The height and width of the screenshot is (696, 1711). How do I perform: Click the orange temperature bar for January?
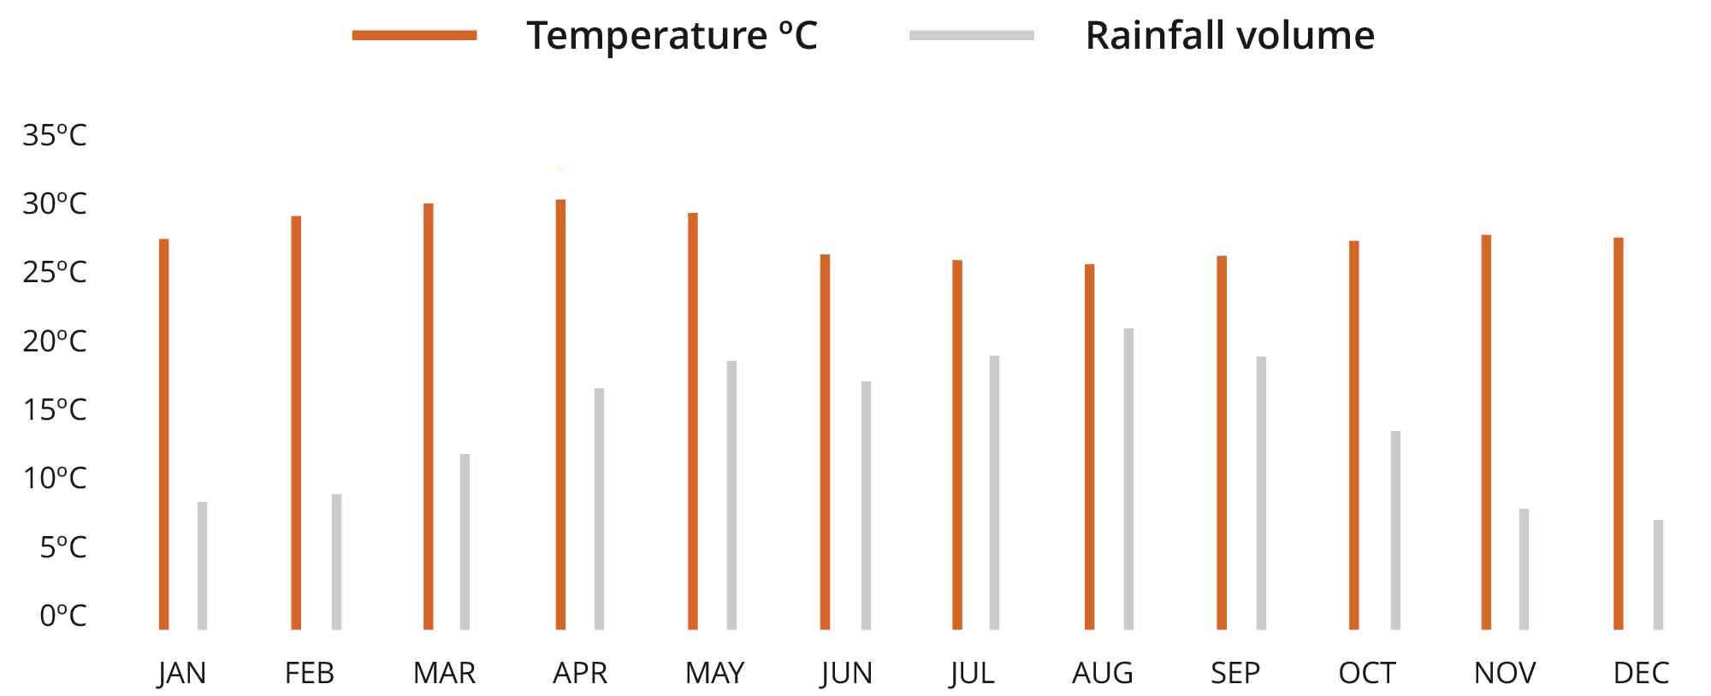164,434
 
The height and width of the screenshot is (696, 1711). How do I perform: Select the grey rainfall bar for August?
1128,479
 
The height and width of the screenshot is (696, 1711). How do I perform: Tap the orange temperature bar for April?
560,415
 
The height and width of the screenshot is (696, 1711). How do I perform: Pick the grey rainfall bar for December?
1658,575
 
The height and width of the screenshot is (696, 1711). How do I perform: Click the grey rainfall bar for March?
465,542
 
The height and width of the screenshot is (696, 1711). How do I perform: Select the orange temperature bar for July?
957,445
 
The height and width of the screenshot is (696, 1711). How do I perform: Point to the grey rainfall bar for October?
1395,530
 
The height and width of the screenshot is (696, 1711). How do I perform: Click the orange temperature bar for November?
1486,432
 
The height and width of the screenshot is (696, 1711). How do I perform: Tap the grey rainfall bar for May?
731,495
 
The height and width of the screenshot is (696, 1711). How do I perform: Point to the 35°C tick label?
55,135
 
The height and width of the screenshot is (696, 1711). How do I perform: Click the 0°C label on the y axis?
62,615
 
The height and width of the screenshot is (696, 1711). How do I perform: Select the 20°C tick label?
55,341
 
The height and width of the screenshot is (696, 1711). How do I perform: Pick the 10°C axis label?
55,478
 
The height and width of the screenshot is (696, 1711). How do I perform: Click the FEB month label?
309,673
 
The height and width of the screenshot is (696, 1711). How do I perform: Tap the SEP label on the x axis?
1234,673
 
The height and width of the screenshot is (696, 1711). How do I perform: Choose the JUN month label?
846,673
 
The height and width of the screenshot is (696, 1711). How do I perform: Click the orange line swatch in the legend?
414,35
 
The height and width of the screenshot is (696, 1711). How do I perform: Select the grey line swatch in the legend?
972,35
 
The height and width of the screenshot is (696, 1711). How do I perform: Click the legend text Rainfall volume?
1229,35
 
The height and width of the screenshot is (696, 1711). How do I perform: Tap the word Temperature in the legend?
646,35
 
